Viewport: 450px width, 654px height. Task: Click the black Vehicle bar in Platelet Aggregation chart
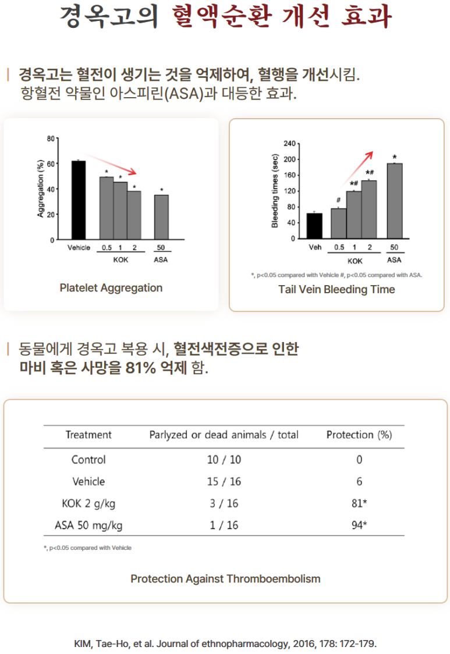tap(79, 200)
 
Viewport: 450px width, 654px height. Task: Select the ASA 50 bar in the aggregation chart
tap(162, 217)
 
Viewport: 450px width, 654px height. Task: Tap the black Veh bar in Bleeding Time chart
tap(314, 226)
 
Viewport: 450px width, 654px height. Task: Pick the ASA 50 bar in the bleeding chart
tap(395, 201)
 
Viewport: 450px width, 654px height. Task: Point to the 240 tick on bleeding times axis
tap(290, 144)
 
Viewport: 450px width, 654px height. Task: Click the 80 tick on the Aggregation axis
tap(51, 138)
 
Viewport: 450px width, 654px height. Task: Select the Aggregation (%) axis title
tap(41, 189)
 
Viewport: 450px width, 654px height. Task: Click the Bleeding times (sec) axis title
tap(275, 191)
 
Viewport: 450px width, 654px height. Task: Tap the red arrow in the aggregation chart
tap(111, 164)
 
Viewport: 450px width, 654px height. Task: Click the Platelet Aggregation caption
tap(111, 288)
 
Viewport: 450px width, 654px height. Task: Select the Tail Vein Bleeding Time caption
tap(336, 289)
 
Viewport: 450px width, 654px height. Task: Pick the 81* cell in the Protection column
tap(359, 503)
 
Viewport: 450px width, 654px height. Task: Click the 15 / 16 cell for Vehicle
tap(224, 481)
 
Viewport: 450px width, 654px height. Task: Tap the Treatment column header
tap(88, 435)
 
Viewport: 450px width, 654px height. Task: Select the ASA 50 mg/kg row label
tap(88, 525)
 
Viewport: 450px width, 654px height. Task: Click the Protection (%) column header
tap(359, 435)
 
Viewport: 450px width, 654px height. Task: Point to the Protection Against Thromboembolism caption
tap(225, 579)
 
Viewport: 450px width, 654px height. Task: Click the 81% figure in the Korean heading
tap(141, 368)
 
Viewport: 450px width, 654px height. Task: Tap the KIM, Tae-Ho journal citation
tap(225, 644)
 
